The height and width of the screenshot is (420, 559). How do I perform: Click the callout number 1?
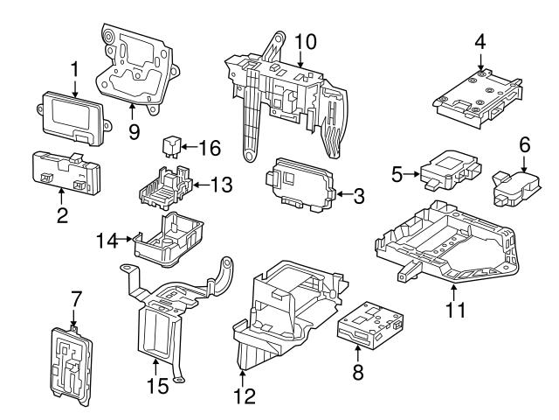click(74, 67)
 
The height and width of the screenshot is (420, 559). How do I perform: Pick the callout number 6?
click(524, 143)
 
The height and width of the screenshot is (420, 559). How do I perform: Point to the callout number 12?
click(245, 396)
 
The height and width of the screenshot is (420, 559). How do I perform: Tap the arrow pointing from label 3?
click(342, 194)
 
